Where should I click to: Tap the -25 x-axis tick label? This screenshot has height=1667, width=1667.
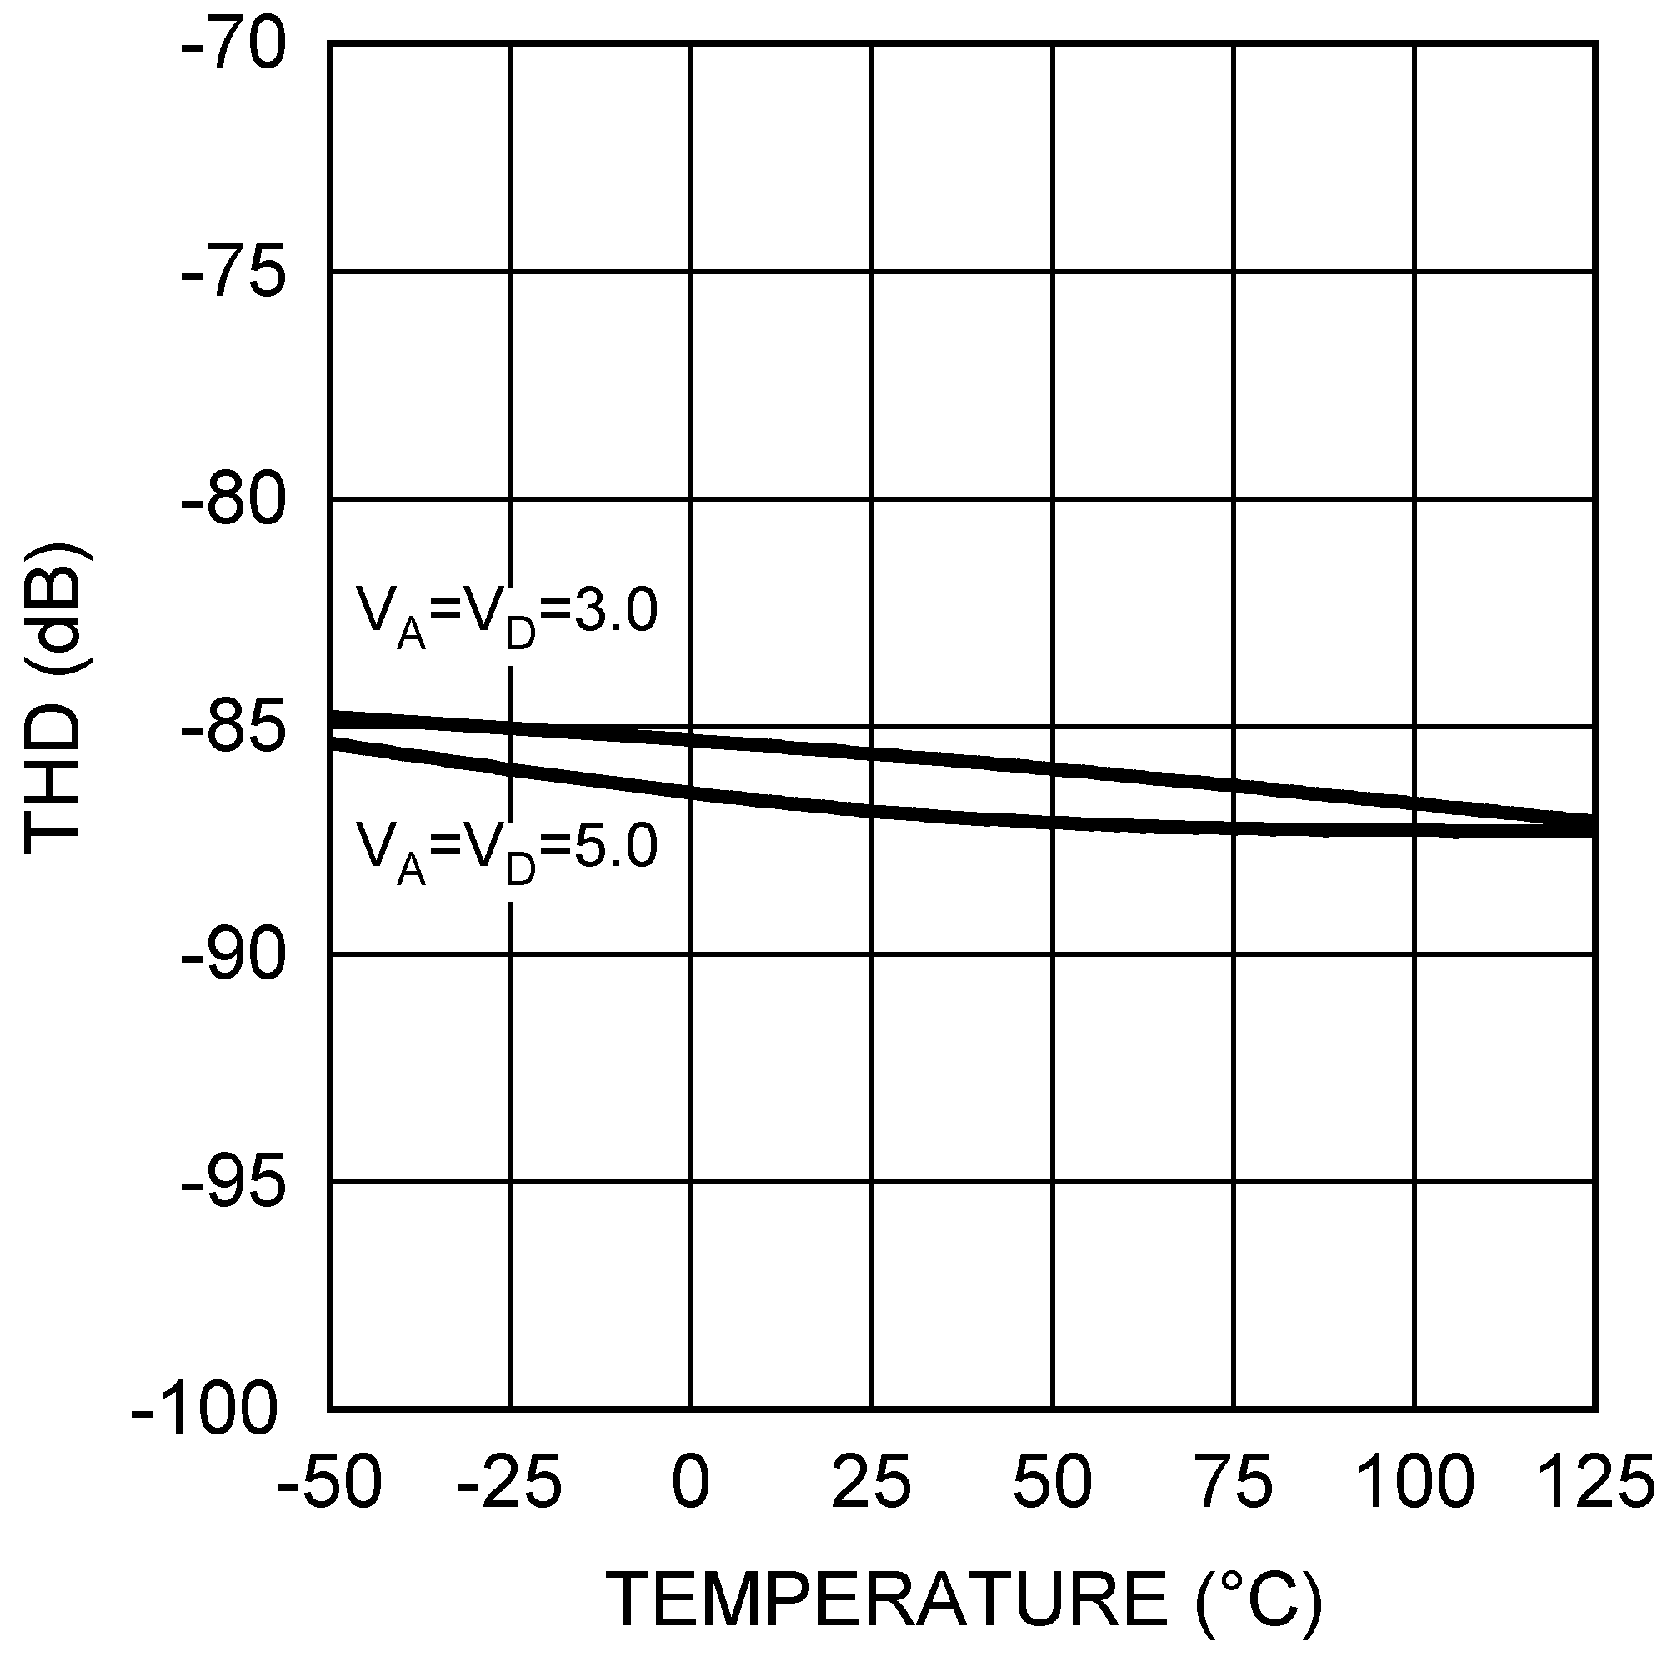(509, 1482)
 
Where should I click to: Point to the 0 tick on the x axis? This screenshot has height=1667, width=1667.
(690, 1482)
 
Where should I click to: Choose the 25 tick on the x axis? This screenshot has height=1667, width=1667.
(872, 1482)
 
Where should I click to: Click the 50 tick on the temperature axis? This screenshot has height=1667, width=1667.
(1053, 1482)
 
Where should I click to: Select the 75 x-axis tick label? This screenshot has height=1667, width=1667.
(1234, 1482)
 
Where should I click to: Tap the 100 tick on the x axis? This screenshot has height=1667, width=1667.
(1415, 1482)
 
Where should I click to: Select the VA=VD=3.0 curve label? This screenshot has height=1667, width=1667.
(508, 616)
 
